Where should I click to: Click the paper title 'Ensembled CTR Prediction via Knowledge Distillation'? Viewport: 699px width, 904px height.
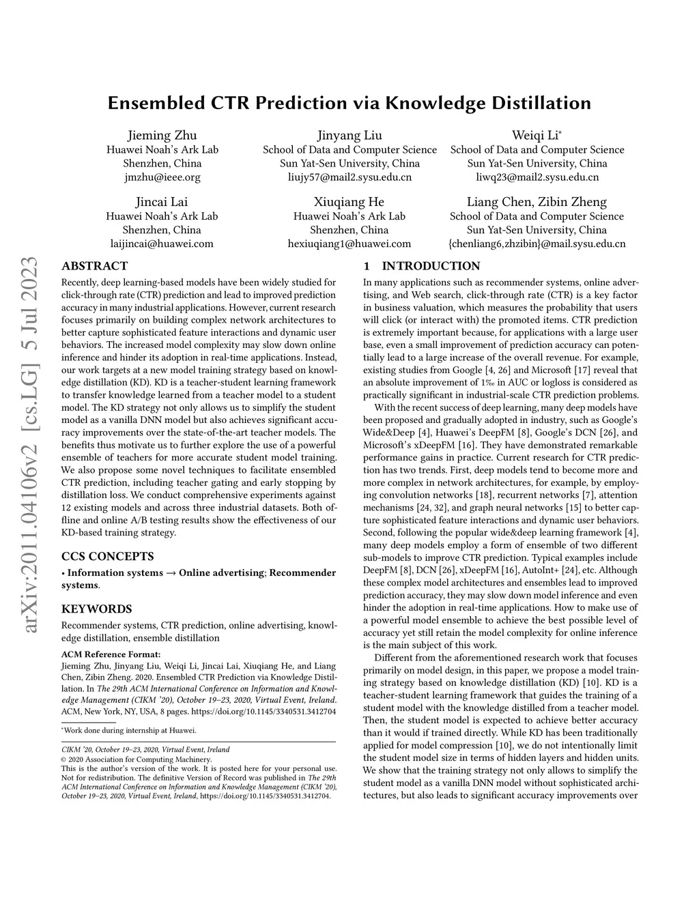tap(349, 104)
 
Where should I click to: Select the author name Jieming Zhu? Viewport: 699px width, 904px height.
tap(162, 135)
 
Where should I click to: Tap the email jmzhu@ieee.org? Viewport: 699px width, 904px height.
tap(162, 177)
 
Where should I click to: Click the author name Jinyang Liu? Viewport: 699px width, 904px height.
tap(349, 135)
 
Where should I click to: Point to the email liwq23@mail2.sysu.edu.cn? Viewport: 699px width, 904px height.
tap(537, 177)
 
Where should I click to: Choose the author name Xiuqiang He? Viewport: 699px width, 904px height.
tap(349, 202)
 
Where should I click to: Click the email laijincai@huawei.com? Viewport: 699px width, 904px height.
tap(162, 244)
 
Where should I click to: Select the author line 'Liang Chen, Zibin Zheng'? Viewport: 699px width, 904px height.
tap(537, 202)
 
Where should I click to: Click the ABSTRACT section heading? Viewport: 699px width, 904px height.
tap(94, 266)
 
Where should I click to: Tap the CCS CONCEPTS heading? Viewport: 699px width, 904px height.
tap(108, 556)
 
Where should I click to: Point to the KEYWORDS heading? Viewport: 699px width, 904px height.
tap(97, 609)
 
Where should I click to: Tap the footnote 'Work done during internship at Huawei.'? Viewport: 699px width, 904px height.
tap(130, 731)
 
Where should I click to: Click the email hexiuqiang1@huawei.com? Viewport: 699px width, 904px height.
tap(349, 244)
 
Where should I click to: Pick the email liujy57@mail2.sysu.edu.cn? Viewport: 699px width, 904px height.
tap(349, 177)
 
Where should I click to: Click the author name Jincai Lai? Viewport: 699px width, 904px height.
tap(162, 202)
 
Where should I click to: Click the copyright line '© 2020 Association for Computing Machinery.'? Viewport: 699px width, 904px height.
tap(137, 759)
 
